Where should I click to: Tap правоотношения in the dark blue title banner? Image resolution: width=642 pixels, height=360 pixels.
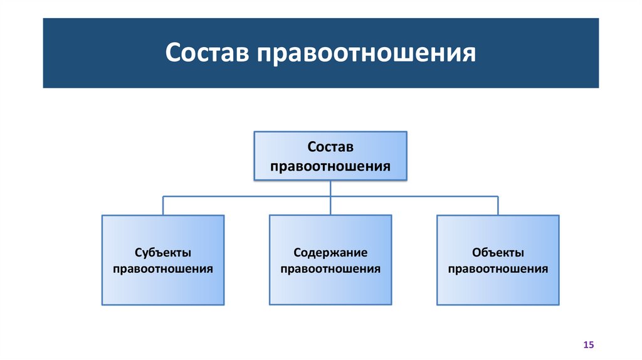[365, 53]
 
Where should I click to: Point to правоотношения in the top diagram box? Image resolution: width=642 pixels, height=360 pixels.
[330, 167]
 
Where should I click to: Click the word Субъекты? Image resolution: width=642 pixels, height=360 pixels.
[162, 253]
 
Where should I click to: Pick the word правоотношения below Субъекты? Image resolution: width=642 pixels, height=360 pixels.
[162, 269]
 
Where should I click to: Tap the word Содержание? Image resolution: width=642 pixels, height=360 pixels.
[330, 253]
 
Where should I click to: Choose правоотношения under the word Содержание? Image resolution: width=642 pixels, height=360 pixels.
[330, 269]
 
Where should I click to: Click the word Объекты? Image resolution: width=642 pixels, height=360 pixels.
[498, 253]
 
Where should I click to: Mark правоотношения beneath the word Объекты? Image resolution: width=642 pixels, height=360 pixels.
[498, 269]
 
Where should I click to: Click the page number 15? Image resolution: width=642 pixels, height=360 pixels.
[588, 345]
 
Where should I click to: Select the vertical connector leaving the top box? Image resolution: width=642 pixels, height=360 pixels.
[330, 189]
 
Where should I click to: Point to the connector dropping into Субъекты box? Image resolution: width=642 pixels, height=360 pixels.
[163, 206]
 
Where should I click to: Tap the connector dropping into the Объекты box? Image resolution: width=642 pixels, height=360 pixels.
[498, 206]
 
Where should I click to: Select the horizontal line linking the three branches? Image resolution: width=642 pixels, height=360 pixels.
[251, 196]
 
